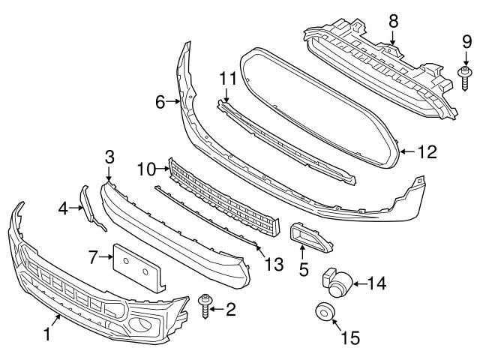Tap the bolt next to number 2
click(205, 306)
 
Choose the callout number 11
click(227, 77)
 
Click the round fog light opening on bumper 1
click(139, 325)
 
